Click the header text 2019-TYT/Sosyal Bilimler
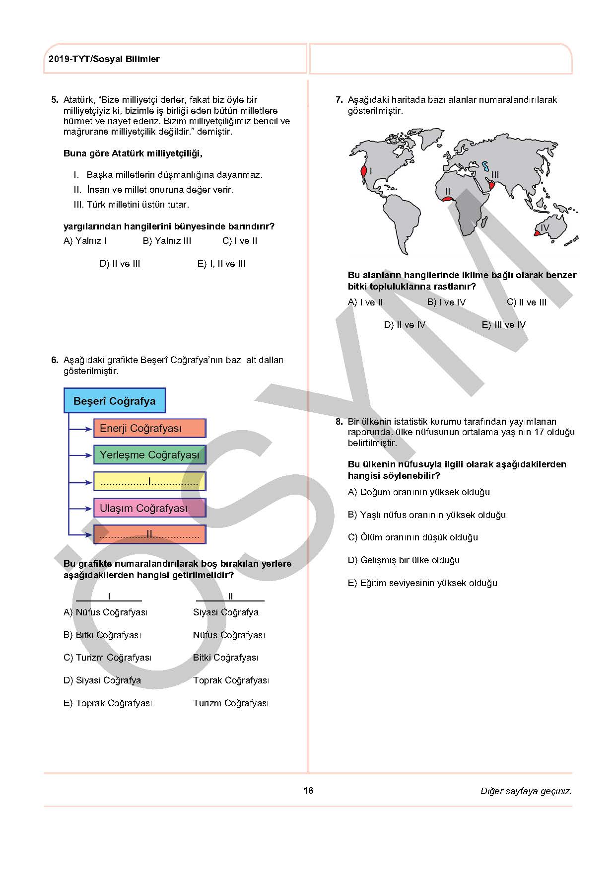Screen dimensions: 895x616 104,59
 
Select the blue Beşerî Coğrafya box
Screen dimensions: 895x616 114,401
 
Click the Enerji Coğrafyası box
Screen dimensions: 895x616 149,428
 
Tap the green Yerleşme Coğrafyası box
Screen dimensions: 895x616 149,455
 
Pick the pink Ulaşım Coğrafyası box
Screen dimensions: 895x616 149,508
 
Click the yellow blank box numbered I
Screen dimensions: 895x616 149,481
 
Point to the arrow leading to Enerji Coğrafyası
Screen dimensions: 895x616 80,428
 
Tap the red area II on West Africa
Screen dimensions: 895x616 447,199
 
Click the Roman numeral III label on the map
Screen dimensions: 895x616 495,175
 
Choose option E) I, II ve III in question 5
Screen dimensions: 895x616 221,264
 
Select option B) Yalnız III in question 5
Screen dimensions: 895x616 167,241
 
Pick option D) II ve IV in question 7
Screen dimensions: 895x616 405,325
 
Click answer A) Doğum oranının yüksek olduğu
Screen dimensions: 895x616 418,492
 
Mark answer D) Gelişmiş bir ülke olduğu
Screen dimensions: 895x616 404,560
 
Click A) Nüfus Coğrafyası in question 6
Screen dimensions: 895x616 105,612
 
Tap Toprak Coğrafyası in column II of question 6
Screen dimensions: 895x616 231,680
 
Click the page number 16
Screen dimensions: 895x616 308,790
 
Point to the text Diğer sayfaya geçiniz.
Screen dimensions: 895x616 526,791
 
